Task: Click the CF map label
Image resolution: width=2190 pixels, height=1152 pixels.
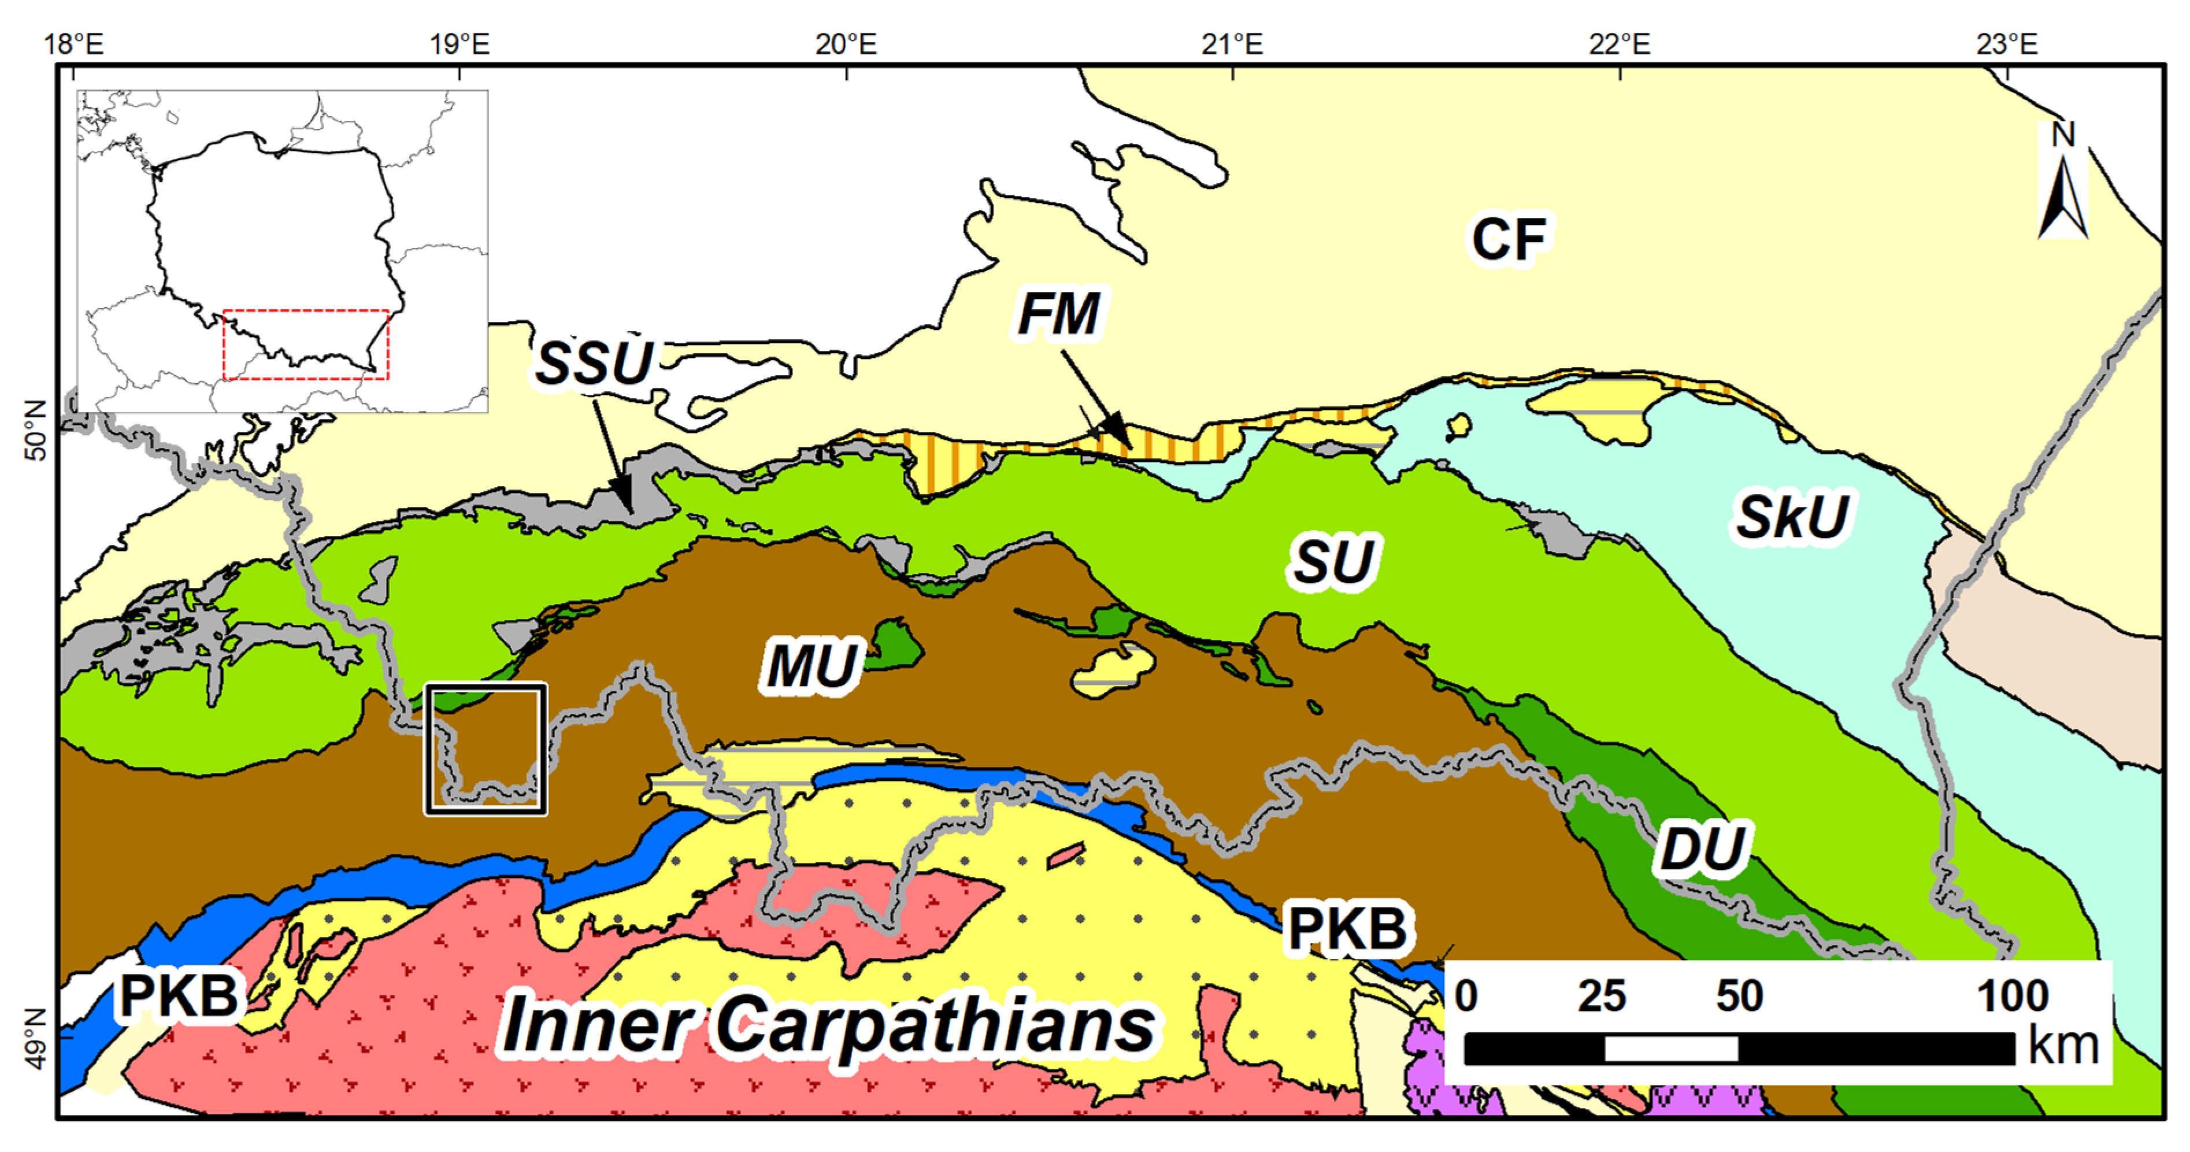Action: pos(1509,240)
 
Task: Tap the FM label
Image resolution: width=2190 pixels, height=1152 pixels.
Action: pos(1058,314)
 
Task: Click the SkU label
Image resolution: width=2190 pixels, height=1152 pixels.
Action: pos(1792,516)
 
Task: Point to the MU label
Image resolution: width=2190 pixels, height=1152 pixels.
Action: pos(811,666)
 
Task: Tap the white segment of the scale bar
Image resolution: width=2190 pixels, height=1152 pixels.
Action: pos(1670,1049)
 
